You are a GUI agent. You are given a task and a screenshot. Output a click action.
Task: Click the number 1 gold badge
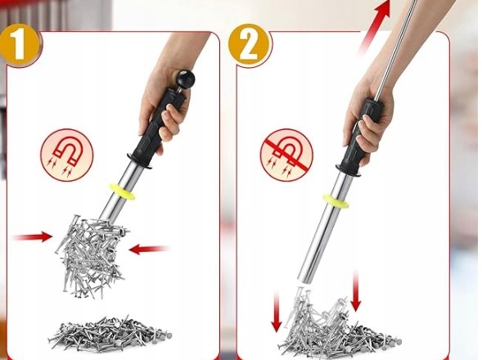19,46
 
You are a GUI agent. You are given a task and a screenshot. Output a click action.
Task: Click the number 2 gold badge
250,46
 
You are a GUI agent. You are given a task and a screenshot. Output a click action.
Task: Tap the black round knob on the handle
186,79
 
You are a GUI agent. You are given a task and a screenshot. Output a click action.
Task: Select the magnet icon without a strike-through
66,155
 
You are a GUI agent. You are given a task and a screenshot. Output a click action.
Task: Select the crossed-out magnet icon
286,155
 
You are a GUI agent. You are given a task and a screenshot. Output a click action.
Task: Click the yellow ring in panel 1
122,192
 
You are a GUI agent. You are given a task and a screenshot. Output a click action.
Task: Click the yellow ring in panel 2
335,200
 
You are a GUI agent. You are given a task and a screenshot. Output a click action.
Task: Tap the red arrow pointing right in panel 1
33,236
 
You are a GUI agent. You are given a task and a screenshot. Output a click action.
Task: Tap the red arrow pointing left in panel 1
149,249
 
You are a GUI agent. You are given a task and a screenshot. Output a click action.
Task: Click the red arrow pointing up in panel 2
373,27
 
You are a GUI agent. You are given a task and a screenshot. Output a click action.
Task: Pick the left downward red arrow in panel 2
277,312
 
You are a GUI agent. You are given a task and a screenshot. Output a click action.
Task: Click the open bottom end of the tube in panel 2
304,278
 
